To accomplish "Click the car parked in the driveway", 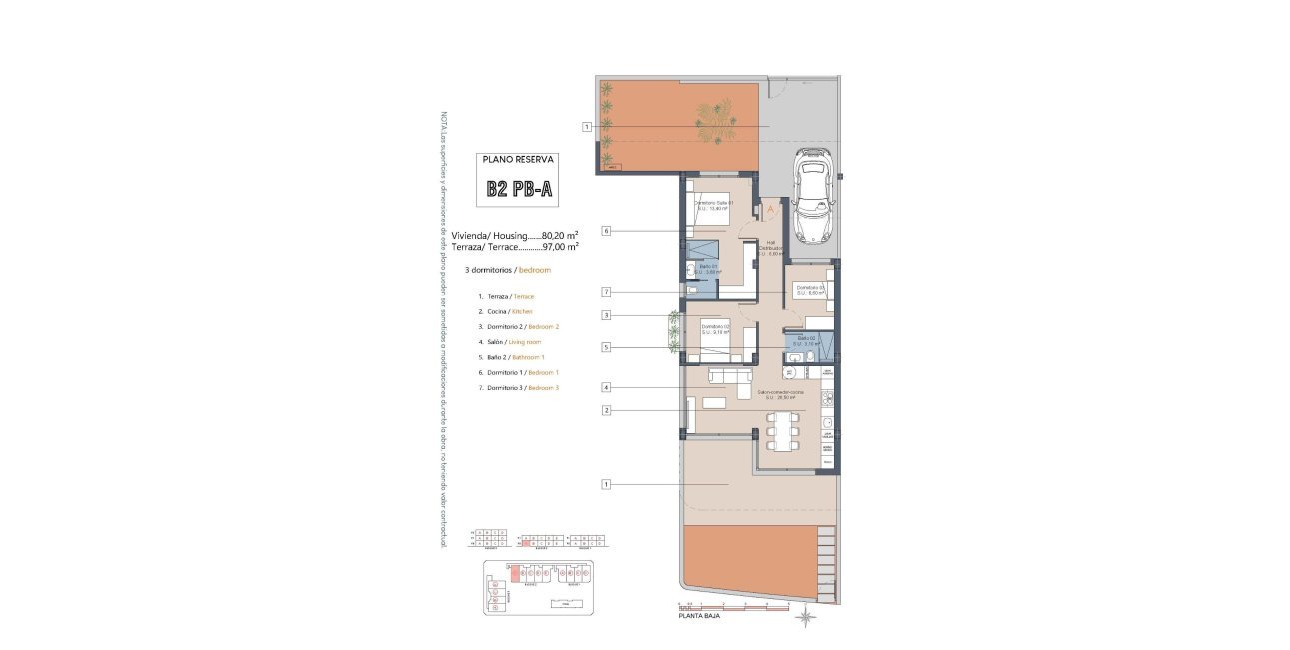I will click(811, 196).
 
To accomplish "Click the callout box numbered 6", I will click(606, 231).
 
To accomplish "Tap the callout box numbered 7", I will click(606, 291).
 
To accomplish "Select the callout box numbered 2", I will click(606, 410).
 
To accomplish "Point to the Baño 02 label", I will click(807, 340).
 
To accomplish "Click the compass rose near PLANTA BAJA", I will click(805, 620).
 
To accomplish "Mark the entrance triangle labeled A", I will click(769, 211).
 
